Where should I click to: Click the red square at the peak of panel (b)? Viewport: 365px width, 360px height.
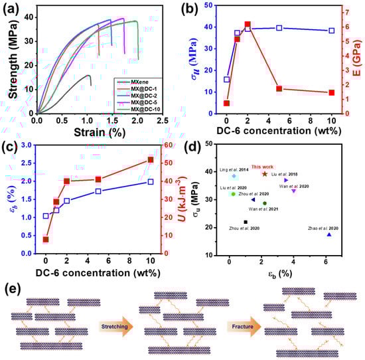point(248,25)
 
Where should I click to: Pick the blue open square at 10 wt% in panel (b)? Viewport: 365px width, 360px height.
point(332,31)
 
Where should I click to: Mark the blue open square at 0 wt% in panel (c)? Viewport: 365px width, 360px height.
point(46,216)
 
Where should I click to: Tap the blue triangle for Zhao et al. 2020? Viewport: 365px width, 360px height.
point(329,234)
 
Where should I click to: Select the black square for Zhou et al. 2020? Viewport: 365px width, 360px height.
point(246,222)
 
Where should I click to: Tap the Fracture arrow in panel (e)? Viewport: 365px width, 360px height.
point(240,327)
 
